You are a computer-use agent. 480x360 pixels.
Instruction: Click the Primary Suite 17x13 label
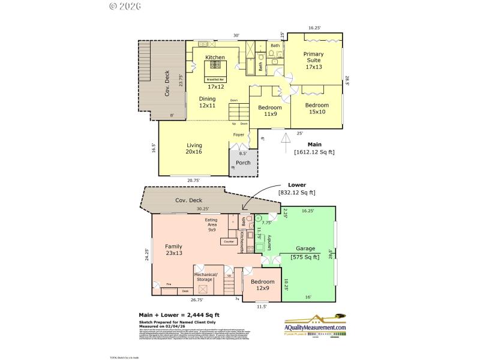coord(313,60)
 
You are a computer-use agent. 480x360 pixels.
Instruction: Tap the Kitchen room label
coord(215,58)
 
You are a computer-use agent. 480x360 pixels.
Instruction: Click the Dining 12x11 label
coord(208,102)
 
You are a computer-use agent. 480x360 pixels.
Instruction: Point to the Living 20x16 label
coord(194,148)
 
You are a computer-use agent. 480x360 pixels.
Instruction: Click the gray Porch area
coord(243,163)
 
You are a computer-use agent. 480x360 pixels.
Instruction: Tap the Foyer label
coord(239,134)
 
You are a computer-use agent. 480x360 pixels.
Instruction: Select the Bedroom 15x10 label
coord(317,108)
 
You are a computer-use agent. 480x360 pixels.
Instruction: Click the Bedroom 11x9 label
coord(270,110)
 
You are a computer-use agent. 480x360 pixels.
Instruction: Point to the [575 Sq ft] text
coord(305,257)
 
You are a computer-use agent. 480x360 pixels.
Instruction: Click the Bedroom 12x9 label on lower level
coord(262,284)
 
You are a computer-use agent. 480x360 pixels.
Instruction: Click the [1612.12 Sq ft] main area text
coord(314,152)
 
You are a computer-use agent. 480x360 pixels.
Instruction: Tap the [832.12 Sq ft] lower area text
coord(296,192)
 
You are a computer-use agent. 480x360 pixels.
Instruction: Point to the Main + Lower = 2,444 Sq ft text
coord(179,314)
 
